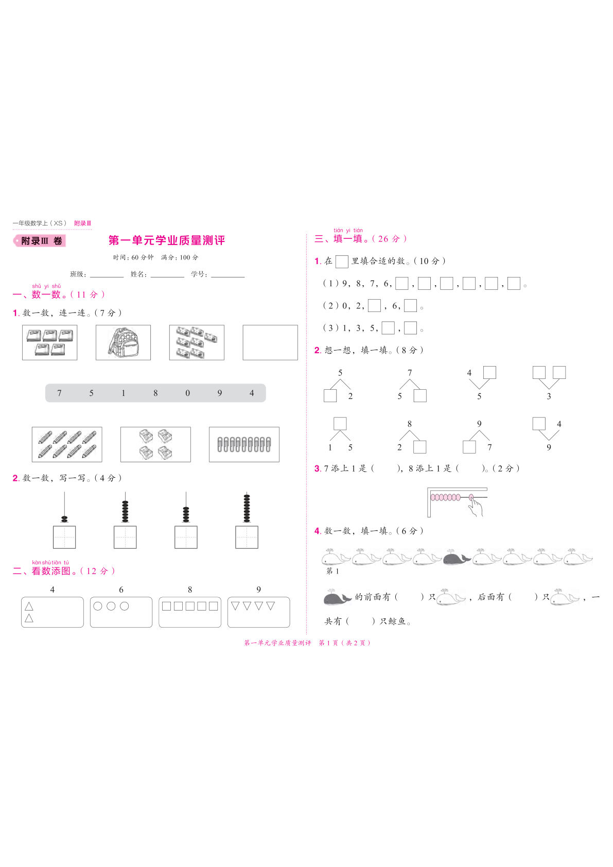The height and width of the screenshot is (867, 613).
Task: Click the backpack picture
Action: [123, 342]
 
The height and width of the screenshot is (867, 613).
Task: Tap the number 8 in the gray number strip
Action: [155, 393]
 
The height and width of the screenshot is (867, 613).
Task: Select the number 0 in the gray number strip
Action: [187, 393]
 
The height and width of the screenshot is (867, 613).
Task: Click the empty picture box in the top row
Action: [270, 342]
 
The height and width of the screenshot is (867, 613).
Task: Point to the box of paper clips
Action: [244, 444]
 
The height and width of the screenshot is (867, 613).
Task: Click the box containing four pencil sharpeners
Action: [155, 444]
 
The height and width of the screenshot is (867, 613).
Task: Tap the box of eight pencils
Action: [67, 444]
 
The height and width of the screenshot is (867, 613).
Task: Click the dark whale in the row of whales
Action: [457, 558]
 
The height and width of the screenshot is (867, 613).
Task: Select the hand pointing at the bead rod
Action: [476, 506]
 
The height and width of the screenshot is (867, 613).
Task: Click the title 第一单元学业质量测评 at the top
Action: [167, 240]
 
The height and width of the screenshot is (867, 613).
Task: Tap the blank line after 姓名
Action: [167, 275]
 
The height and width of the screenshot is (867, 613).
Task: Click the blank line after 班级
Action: [107, 275]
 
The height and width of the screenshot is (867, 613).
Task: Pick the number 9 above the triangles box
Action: [258, 589]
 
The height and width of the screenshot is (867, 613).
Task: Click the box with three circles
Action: [121, 612]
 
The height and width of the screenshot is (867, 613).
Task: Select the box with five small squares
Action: [189, 612]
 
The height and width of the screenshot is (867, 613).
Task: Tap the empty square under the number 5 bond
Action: [330, 396]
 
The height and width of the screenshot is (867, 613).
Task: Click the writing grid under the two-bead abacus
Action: [64, 537]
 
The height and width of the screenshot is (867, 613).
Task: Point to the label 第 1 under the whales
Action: [332, 571]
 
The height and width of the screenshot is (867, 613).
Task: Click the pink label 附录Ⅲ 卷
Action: [40, 241]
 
